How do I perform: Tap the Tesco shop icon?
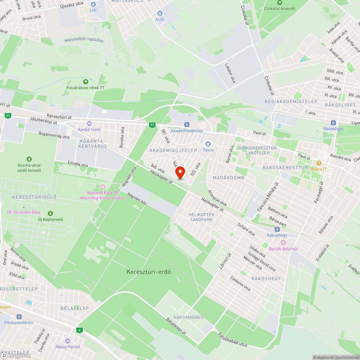click(x=208, y=144)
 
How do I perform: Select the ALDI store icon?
click(x=159, y=13)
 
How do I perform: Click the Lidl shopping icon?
click(x=93, y=4)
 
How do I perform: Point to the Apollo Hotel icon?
click(x=89, y=123)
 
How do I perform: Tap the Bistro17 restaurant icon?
click(x=319, y=163)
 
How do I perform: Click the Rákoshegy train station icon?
click(x=277, y=229)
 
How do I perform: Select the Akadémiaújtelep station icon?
click(x=186, y=125)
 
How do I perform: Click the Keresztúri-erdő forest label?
click(x=149, y=272)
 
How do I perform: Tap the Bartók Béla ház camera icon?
click(x=283, y=243)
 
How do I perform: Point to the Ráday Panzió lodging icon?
click(x=68, y=341)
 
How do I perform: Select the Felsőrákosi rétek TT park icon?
click(x=85, y=82)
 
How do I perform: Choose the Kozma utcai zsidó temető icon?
click(x=29, y=159)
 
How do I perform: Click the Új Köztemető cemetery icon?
click(x=50, y=213)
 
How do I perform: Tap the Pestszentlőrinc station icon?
click(x=19, y=316)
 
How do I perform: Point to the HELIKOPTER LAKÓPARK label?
click(x=201, y=217)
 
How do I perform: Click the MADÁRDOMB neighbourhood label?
click(x=229, y=178)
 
